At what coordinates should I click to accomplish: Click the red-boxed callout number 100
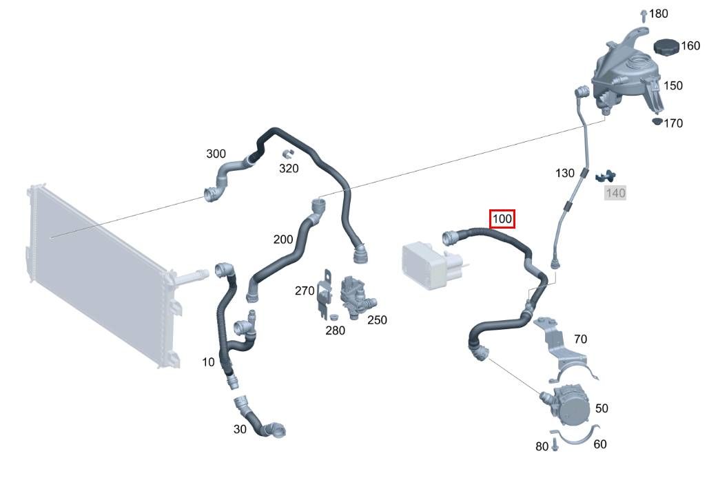pyautogui.click(x=502, y=219)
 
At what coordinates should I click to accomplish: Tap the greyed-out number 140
pyautogui.click(x=615, y=193)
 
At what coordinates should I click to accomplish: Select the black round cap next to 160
pyautogui.click(x=667, y=47)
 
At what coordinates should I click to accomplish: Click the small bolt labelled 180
pyautogui.click(x=644, y=15)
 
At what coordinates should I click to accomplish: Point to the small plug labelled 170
pyautogui.click(x=657, y=121)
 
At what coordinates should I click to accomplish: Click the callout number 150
pyautogui.click(x=672, y=85)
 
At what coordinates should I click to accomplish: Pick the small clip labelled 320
pyautogui.click(x=288, y=154)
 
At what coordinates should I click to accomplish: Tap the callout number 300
pyautogui.click(x=216, y=154)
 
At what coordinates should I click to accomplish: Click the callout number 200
pyautogui.click(x=283, y=239)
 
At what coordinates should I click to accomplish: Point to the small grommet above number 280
pyautogui.click(x=335, y=316)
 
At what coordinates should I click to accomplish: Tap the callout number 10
pyautogui.click(x=208, y=362)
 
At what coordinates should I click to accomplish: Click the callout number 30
pyautogui.click(x=240, y=428)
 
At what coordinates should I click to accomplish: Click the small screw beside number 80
pyautogui.click(x=556, y=446)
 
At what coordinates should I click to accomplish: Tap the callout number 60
pyautogui.click(x=599, y=444)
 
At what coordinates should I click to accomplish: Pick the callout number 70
pyautogui.click(x=580, y=339)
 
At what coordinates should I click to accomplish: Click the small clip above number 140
pyautogui.click(x=606, y=176)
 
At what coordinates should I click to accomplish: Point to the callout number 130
pyautogui.click(x=565, y=173)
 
